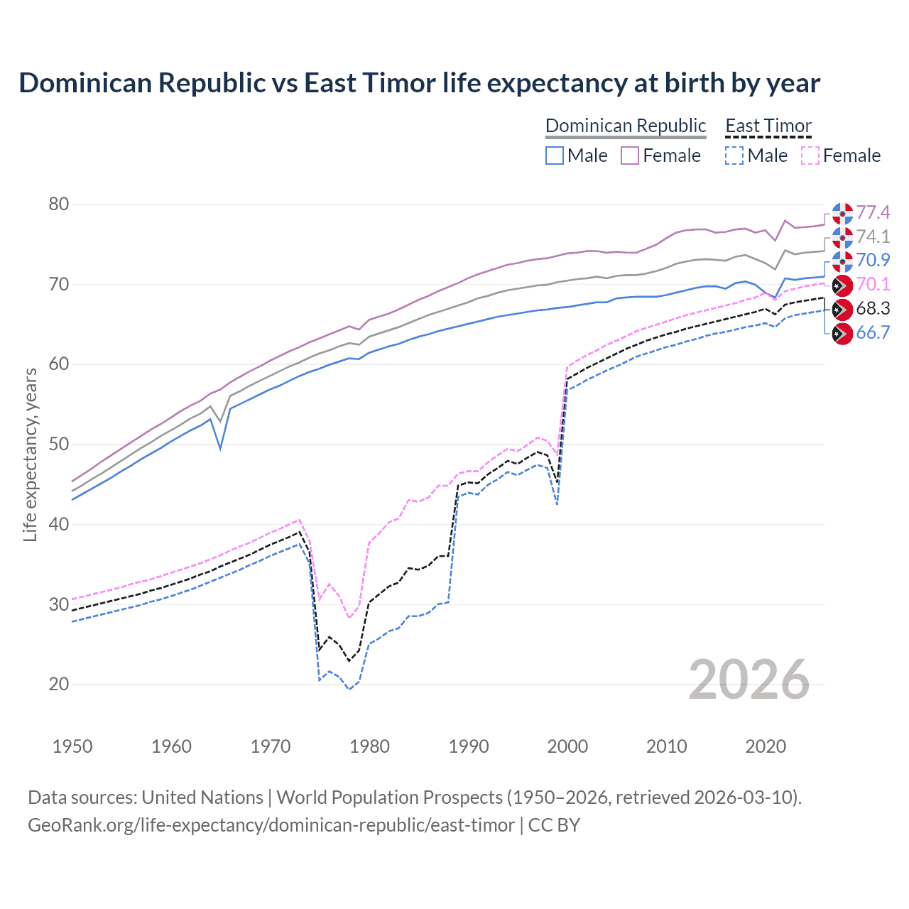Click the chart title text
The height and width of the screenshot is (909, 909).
click(x=419, y=83)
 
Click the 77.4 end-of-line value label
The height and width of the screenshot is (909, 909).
click(x=873, y=212)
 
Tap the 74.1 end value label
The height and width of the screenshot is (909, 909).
click(x=873, y=236)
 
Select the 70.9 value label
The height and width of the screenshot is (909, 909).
click(x=873, y=260)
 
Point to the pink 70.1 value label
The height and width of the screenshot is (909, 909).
click(x=873, y=284)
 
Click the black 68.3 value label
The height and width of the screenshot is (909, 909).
click(x=873, y=308)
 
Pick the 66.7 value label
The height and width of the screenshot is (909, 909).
click(x=873, y=332)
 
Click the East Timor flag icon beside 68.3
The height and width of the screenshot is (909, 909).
click(x=842, y=309)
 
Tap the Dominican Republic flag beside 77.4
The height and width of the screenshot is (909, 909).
click(x=842, y=213)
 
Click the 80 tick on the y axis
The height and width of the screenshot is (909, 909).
click(x=59, y=205)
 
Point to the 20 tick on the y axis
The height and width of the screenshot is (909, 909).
click(x=59, y=685)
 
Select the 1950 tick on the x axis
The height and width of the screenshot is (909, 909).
click(x=72, y=746)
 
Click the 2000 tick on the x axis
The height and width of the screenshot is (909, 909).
click(x=567, y=746)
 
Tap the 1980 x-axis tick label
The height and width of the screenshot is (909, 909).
click(x=369, y=746)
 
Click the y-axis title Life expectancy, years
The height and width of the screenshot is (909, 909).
click(x=30, y=454)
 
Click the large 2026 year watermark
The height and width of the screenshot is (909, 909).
click(x=749, y=680)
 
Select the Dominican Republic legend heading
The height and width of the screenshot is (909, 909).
click(x=626, y=126)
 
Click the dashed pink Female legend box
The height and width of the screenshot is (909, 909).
click(x=810, y=156)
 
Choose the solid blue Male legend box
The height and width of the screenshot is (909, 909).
click(x=555, y=156)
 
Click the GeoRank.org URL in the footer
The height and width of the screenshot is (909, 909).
click(x=271, y=825)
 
